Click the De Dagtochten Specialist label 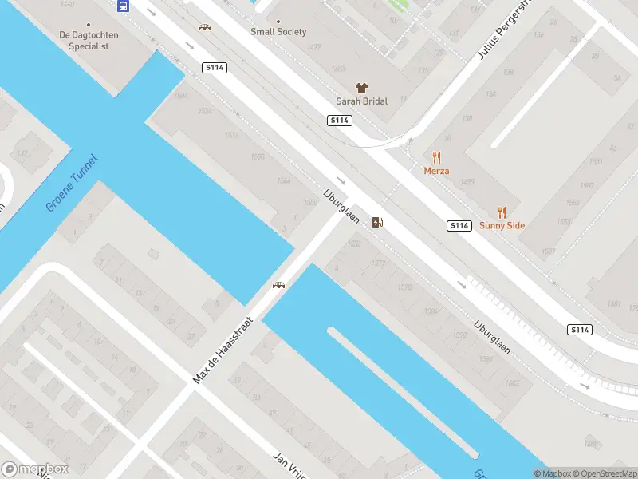[x=84, y=41]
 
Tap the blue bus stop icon [x=124, y=6]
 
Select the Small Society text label [x=278, y=32]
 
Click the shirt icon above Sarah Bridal [x=361, y=88]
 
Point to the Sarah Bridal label [x=361, y=102]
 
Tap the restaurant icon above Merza [x=436, y=157]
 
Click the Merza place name [x=436, y=171]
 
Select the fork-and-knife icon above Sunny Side [x=502, y=212]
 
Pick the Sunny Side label [x=502, y=225]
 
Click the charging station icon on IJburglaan [x=377, y=222]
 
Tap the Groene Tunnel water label [x=72, y=183]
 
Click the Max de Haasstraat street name [x=223, y=348]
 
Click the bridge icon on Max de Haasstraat [x=279, y=285]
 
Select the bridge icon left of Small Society [x=205, y=27]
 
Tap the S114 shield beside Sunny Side [x=459, y=226]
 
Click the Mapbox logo [x=36, y=469]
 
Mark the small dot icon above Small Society [x=278, y=22]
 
